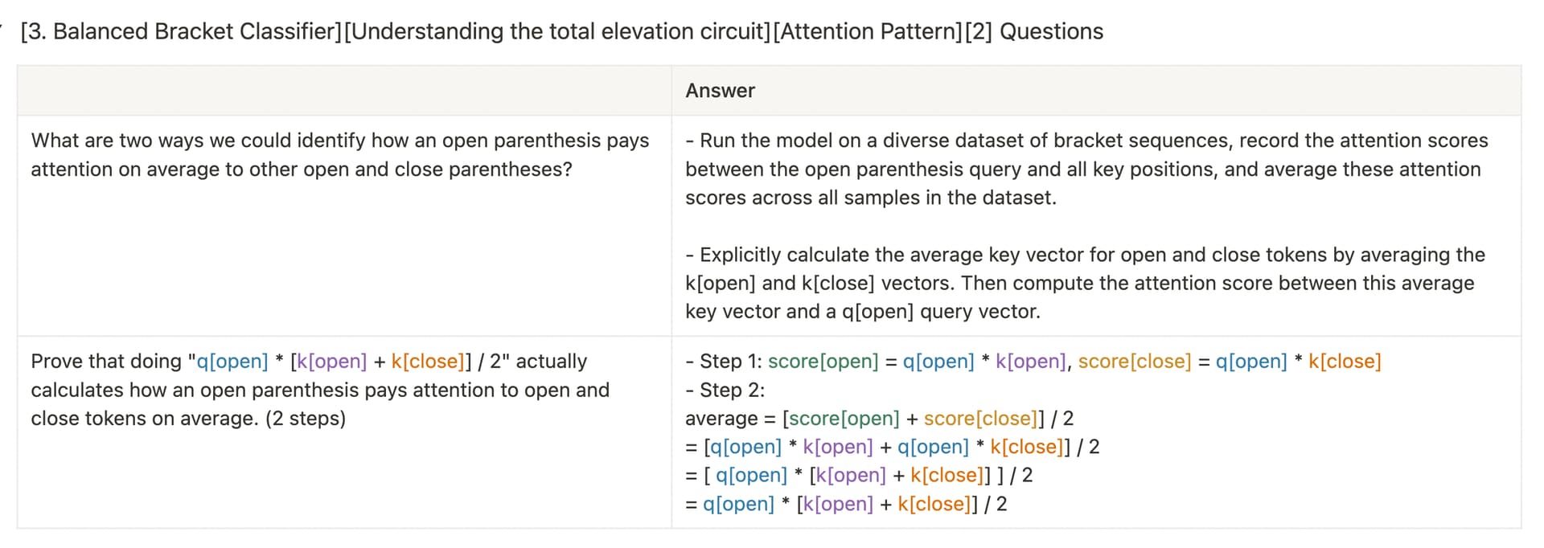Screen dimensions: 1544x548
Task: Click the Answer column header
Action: (x=720, y=91)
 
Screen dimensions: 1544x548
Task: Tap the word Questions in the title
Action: (x=1051, y=31)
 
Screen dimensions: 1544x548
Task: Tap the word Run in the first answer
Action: (x=717, y=141)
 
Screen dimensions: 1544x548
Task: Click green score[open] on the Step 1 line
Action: (x=823, y=362)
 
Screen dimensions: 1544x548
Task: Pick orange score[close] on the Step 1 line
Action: (x=1135, y=362)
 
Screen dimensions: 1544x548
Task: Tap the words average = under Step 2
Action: (x=730, y=419)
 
